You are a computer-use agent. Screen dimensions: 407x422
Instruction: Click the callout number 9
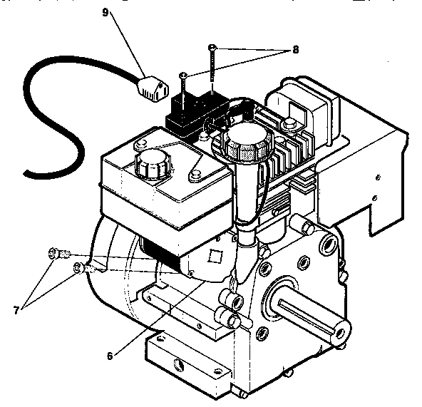[x=108, y=14]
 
